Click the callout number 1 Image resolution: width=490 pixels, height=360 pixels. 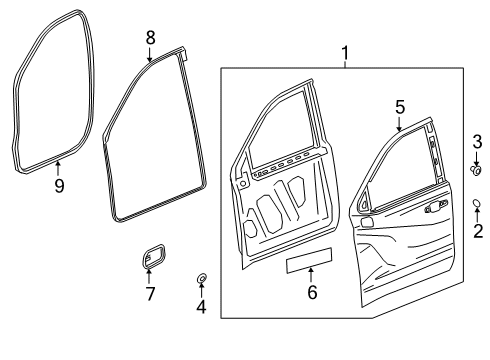(346, 51)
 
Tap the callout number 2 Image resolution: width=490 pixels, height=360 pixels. (477, 233)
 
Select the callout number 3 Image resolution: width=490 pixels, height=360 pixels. (477, 140)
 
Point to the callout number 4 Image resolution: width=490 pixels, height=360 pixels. (200, 306)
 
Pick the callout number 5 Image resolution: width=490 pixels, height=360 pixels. (398, 106)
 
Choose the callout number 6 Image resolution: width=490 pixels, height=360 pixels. (311, 292)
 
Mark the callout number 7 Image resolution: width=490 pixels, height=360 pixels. (151, 294)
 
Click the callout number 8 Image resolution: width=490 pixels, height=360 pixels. (150, 37)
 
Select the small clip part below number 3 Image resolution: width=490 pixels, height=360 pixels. (477, 171)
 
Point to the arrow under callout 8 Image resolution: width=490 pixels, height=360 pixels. (150, 54)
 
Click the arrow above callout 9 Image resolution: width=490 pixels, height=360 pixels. (59, 167)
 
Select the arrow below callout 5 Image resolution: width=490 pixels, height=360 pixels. (398, 124)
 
